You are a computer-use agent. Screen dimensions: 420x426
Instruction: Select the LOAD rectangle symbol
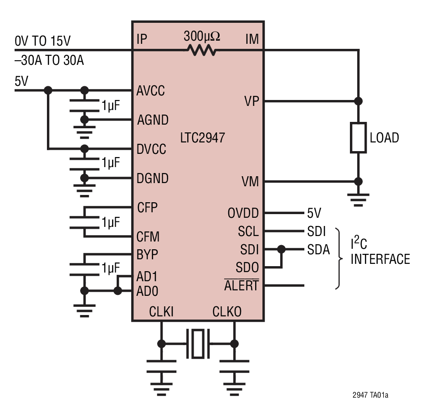[x=358, y=137]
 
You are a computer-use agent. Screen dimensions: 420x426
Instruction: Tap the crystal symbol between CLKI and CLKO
[x=197, y=343]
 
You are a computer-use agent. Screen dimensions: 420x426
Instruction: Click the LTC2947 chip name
[x=203, y=137]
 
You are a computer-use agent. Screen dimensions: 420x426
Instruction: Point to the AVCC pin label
[x=151, y=90]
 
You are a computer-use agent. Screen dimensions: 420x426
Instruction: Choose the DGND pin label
[x=153, y=178]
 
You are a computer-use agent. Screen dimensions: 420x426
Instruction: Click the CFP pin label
[x=147, y=208]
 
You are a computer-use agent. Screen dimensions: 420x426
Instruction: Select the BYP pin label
[x=148, y=254]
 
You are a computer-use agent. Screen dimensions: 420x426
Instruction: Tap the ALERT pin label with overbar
[x=241, y=286]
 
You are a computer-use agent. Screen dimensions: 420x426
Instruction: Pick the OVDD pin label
[x=243, y=213]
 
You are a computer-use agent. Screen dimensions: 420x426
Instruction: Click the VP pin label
[x=251, y=101]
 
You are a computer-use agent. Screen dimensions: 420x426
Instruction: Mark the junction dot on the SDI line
[x=281, y=249]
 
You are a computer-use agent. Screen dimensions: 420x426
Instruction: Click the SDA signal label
[x=318, y=250]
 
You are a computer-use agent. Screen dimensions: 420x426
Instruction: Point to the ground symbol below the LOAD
[x=358, y=198]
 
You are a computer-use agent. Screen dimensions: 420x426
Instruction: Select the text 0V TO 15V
[x=43, y=41]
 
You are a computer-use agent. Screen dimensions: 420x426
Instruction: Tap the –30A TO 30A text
[x=49, y=60]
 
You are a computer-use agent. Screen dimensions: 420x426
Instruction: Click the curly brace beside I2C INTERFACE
[x=339, y=258]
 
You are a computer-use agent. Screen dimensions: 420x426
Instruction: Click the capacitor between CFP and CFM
[x=85, y=222]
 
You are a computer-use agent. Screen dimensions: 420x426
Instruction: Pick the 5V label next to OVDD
[x=314, y=213]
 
